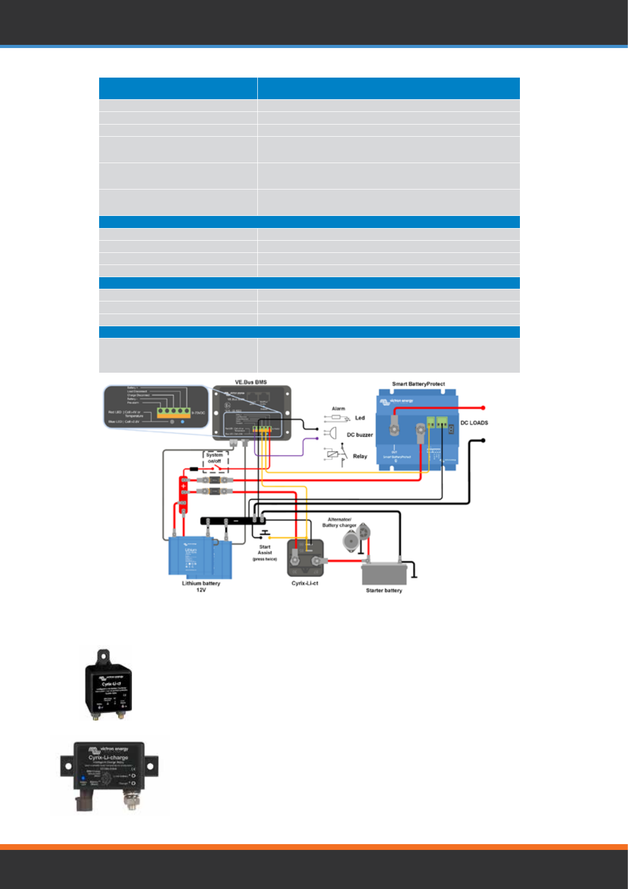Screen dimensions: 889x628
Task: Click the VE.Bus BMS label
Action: pos(250,382)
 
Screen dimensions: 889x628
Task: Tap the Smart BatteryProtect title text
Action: pos(418,384)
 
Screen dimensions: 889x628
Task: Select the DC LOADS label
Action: pos(474,423)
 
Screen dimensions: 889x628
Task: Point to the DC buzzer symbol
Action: pos(331,433)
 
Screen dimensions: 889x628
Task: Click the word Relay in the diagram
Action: pos(360,456)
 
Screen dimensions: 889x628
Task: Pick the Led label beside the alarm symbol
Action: pos(360,418)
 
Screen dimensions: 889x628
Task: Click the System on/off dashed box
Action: pos(215,461)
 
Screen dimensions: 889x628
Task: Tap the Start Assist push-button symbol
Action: pos(265,534)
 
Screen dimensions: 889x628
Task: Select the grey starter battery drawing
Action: pos(384,573)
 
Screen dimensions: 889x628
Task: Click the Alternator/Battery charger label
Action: pos(339,522)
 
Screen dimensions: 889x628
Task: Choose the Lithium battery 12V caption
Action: pos(201,586)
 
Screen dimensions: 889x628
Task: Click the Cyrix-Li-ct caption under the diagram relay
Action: pos(305,583)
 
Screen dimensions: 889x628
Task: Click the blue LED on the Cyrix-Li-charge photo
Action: pos(83,778)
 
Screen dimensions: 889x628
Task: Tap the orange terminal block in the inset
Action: pos(173,412)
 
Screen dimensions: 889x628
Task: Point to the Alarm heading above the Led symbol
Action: pos(338,409)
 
